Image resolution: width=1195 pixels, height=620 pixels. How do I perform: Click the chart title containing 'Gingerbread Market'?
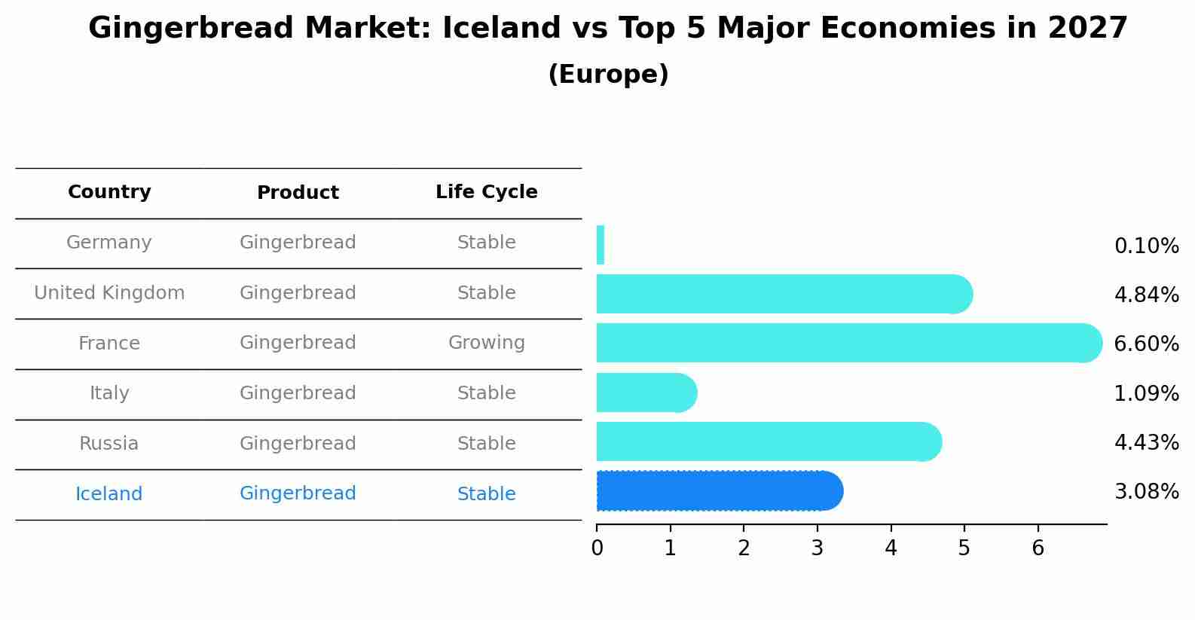tap(607, 28)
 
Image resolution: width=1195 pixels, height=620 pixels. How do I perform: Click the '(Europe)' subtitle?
tap(608, 74)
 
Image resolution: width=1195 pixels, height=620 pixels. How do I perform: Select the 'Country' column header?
tap(109, 191)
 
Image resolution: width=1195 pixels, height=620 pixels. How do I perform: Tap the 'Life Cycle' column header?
tap(487, 191)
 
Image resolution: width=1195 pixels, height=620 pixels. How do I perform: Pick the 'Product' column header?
tap(298, 192)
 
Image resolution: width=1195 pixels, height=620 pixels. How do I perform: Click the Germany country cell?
tap(108, 243)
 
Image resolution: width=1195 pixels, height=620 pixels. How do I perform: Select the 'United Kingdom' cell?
tap(109, 292)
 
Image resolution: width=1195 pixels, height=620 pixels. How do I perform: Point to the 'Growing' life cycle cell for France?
tap(487, 343)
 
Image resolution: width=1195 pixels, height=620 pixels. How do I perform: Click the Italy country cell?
tap(109, 393)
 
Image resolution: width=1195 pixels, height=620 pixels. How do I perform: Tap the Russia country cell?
tap(108, 444)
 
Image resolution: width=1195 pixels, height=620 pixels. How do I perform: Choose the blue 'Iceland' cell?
tap(108, 493)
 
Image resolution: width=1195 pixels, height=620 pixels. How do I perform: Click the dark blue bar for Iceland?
tap(720, 491)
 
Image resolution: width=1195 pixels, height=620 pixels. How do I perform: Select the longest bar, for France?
tap(849, 343)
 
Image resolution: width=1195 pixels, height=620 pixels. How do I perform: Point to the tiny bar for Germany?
tap(601, 245)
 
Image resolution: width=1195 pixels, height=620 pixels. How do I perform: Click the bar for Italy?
tap(646, 392)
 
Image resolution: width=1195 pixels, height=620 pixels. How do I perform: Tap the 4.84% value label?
tap(1147, 295)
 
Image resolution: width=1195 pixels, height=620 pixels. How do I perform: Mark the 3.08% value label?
tap(1147, 491)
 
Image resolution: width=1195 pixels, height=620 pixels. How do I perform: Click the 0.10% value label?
tap(1147, 246)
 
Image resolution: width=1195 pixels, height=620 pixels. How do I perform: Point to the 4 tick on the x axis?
tap(891, 548)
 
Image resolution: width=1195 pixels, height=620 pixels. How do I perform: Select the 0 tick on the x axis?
tap(597, 548)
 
